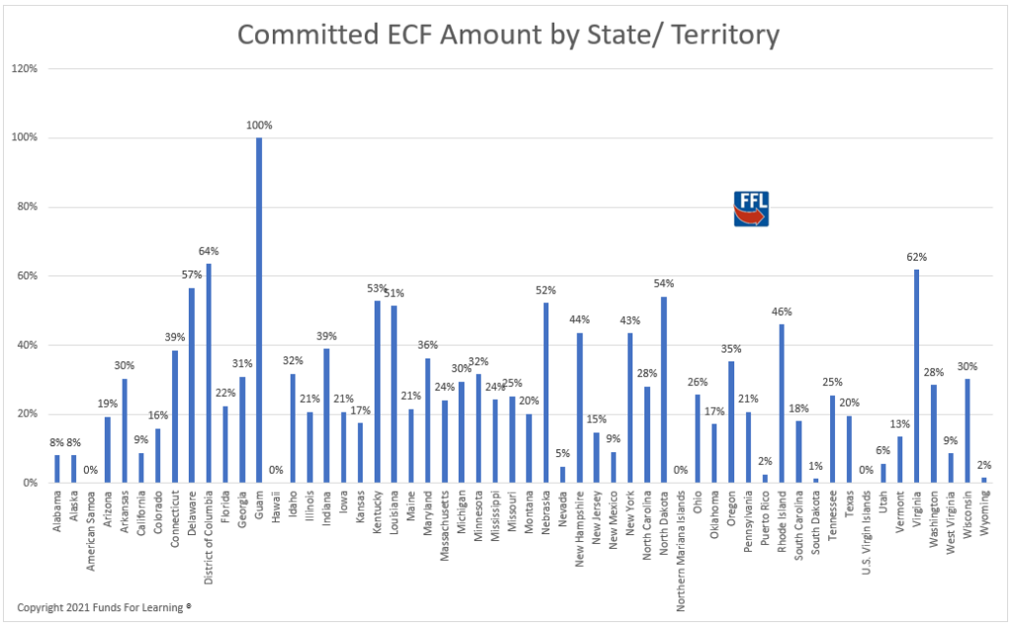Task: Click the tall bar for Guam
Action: (259, 310)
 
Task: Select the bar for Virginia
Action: (916, 376)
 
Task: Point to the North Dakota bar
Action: (663, 390)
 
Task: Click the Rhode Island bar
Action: (782, 404)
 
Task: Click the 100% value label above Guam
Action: (260, 125)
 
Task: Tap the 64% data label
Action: (209, 251)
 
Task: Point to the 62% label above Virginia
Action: (917, 257)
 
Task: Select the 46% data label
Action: (782, 311)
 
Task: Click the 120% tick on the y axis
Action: (24, 69)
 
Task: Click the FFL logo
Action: (751, 209)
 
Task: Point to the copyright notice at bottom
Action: (104, 606)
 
